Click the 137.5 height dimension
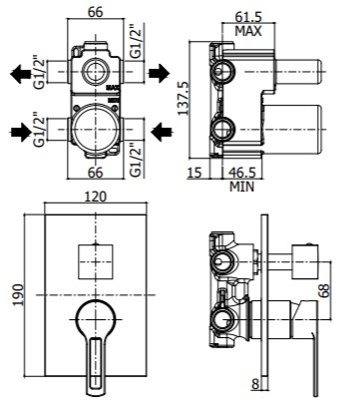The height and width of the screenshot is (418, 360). pyautogui.click(x=182, y=99)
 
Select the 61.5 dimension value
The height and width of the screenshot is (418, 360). pyautogui.click(x=248, y=17)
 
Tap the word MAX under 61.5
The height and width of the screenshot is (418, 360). pyautogui.click(x=248, y=31)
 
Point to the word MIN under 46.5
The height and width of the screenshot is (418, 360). pyautogui.click(x=241, y=187)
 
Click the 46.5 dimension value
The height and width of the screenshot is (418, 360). pyautogui.click(x=242, y=173)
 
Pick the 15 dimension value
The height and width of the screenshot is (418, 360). pyautogui.click(x=194, y=173)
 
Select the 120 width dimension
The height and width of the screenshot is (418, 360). pyautogui.click(x=95, y=197)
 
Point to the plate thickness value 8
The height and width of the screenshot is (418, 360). pyautogui.click(x=255, y=384)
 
